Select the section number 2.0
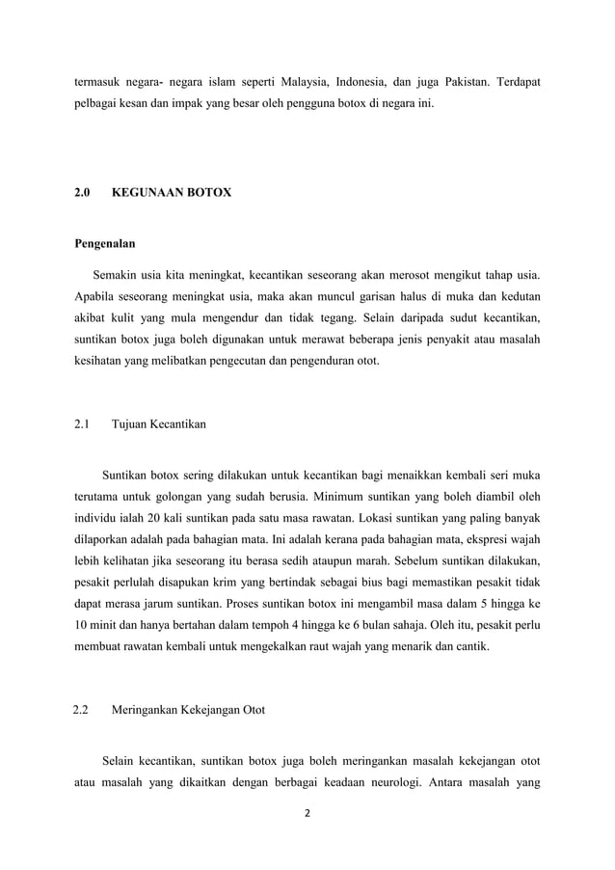(x=83, y=193)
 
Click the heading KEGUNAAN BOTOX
(x=172, y=193)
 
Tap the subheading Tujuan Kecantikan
(x=158, y=423)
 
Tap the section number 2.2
(x=82, y=711)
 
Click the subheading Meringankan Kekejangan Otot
(x=189, y=711)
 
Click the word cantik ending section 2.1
(x=470, y=647)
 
